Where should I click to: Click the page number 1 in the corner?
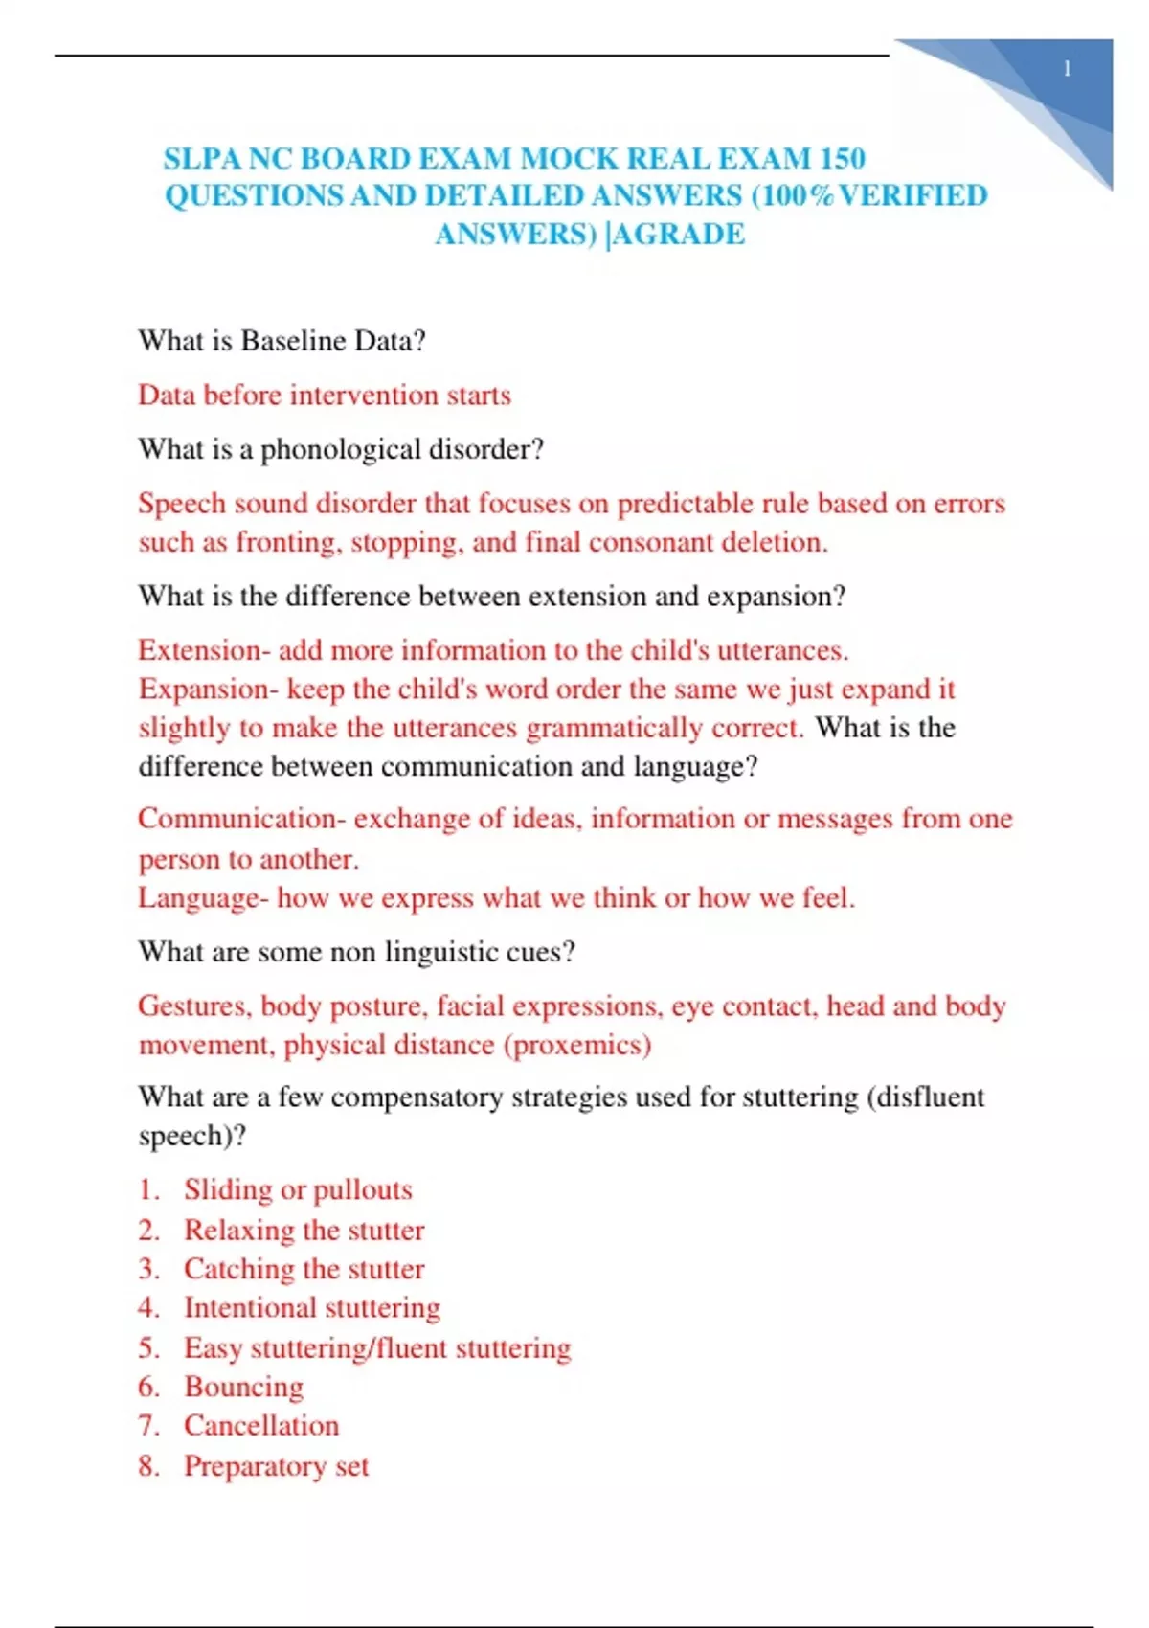(x=1067, y=69)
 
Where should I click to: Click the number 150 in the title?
(x=837, y=158)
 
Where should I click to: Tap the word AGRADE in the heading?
(x=678, y=235)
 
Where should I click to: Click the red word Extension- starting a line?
(x=204, y=650)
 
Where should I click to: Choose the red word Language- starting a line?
(x=203, y=898)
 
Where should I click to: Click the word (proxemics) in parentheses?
(x=577, y=1045)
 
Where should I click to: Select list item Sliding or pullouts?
(x=298, y=1189)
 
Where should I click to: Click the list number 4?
(x=148, y=1308)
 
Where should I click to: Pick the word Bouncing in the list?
(x=244, y=1387)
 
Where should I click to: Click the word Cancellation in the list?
(x=261, y=1426)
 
